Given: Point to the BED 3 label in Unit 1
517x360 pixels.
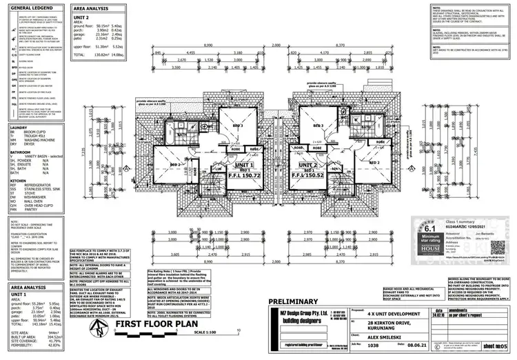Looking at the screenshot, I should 238,126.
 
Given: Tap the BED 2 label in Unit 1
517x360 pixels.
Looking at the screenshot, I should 175,166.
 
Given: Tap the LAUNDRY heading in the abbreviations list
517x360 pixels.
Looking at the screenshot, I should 19,128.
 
